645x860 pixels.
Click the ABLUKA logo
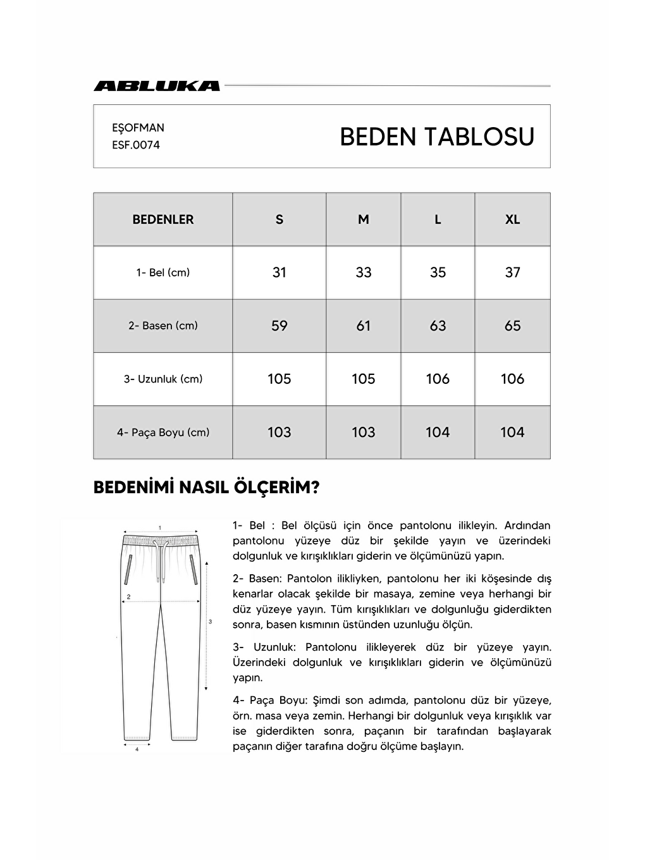[x=157, y=86]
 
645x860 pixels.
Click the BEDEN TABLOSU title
[x=437, y=137]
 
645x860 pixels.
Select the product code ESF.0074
[x=136, y=145]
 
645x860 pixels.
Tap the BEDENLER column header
[x=163, y=219]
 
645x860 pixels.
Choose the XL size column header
[x=512, y=219]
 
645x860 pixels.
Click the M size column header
[x=364, y=219]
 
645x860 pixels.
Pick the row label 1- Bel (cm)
[x=163, y=273]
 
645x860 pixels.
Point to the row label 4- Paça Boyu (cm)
[x=163, y=433]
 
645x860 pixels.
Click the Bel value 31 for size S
[x=279, y=273]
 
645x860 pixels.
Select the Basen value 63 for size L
[x=438, y=326]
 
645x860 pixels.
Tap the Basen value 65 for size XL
[x=512, y=326]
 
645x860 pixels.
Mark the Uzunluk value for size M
[x=364, y=379]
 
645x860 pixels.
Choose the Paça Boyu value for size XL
[x=512, y=433]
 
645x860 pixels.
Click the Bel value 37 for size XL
[x=512, y=273]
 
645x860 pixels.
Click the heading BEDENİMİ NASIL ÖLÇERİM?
[x=206, y=488]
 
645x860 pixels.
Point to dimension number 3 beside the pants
[x=210, y=622]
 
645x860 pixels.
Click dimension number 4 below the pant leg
[x=137, y=749]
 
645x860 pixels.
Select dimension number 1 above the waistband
[x=160, y=527]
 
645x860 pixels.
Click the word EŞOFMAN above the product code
[x=138, y=128]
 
